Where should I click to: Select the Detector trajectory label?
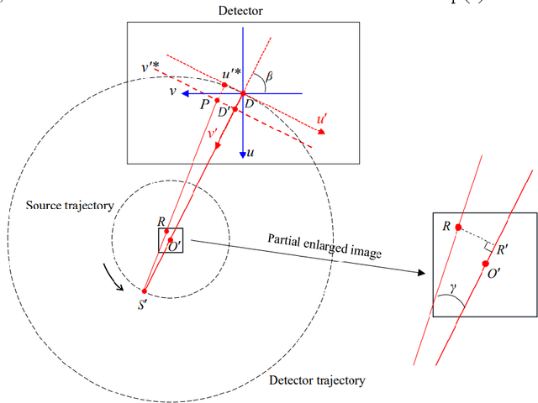click(x=317, y=380)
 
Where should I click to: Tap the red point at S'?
click(x=145, y=288)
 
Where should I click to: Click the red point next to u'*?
click(x=224, y=85)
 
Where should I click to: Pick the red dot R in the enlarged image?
click(x=457, y=228)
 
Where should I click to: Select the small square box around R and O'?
click(x=171, y=240)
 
